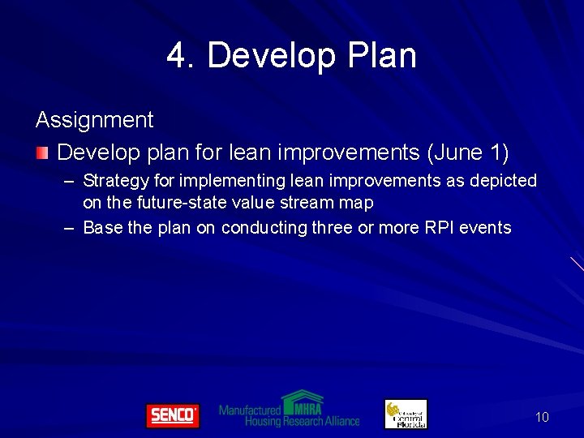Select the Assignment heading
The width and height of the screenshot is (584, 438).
pos(94,120)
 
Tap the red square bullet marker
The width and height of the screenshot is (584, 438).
pos(42,152)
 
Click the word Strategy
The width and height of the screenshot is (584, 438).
pos(112,180)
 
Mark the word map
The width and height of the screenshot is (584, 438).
pos(357,203)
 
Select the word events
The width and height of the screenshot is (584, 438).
pos(487,228)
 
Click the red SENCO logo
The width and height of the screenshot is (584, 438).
pos(172,415)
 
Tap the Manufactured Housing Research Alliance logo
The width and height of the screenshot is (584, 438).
pos(290,410)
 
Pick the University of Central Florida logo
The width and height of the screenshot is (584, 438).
pos(406,414)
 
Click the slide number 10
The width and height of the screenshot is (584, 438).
pos(542,417)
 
